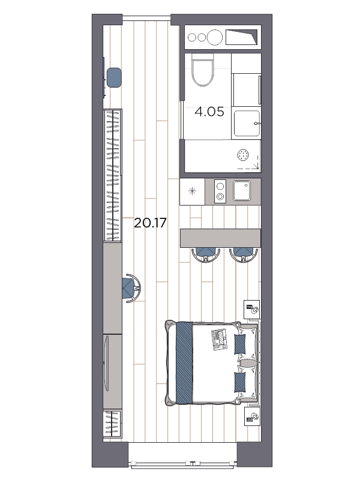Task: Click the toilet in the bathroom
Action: (x=203, y=70)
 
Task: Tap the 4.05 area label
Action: (x=209, y=111)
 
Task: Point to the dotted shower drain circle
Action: (x=244, y=155)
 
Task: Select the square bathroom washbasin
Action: (x=246, y=123)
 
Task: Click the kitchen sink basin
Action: (x=244, y=191)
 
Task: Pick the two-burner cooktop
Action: (x=220, y=191)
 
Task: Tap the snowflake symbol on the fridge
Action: (x=192, y=191)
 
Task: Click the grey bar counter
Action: (x=220, y=238)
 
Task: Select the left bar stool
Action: (x=205, y=254)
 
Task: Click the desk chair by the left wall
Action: (x=131, y=288)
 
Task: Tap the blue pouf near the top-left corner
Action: (x=114, y=77)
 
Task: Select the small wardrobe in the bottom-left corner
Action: (x=112, y=424)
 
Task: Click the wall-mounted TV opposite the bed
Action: (x=106, y=364)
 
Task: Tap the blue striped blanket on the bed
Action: (x=185, y=362)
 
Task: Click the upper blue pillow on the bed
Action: (x=240, y=344)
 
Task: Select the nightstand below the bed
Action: (x=252, y=416)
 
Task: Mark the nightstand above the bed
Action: (x=252, y=310)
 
